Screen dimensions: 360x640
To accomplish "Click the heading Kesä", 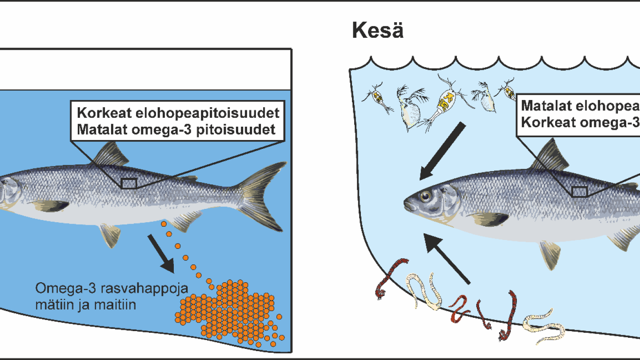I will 378,30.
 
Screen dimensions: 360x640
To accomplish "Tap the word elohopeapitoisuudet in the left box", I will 208,112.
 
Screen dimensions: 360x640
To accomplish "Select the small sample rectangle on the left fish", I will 129,183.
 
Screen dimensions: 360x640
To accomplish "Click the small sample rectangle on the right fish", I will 579,192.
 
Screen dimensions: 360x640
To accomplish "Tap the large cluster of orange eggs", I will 231,311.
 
